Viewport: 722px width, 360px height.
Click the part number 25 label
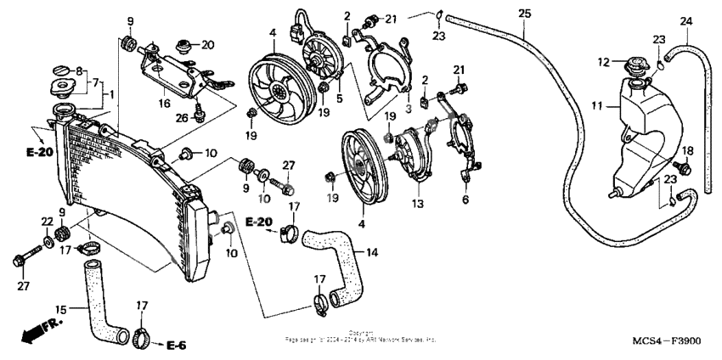[x=523, y=14]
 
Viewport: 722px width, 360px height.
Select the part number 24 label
[x=686, y=21]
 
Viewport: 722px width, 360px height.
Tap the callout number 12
[x=605, y=61]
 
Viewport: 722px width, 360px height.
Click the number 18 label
[x=687, y=150]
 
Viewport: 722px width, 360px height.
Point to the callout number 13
[x=417, y=204]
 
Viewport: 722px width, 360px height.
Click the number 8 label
[x=82, y=71]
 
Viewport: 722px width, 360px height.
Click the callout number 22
[x=47, y=222]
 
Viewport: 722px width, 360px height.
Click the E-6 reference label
[x=176, y=345]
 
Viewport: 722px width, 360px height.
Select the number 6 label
[x=465, y=200]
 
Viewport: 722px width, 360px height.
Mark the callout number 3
[x=407, y=108]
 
